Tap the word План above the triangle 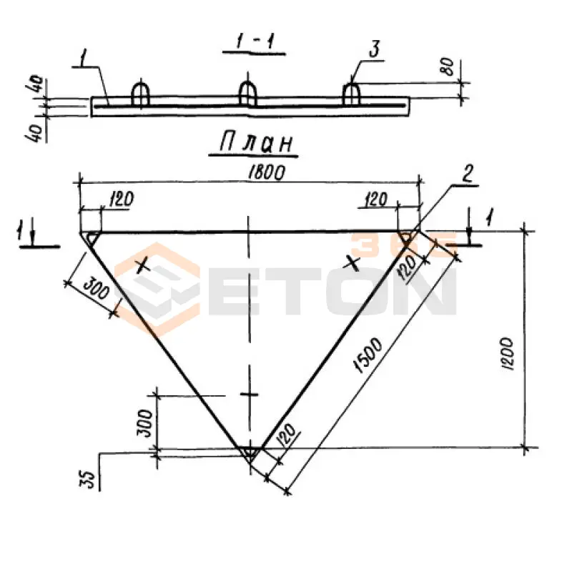(x=254, y=145)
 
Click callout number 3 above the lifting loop (x=375, y=50)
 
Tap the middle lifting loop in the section (x=247, y=94)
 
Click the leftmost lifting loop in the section (x=140, y=94)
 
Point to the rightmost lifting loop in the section (x=351, y=94)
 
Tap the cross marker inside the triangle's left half (x=143, y=266)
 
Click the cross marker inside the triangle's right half (x=351, y=262)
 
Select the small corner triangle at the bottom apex (x=248, y=453)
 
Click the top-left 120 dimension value (x=120, y=199)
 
